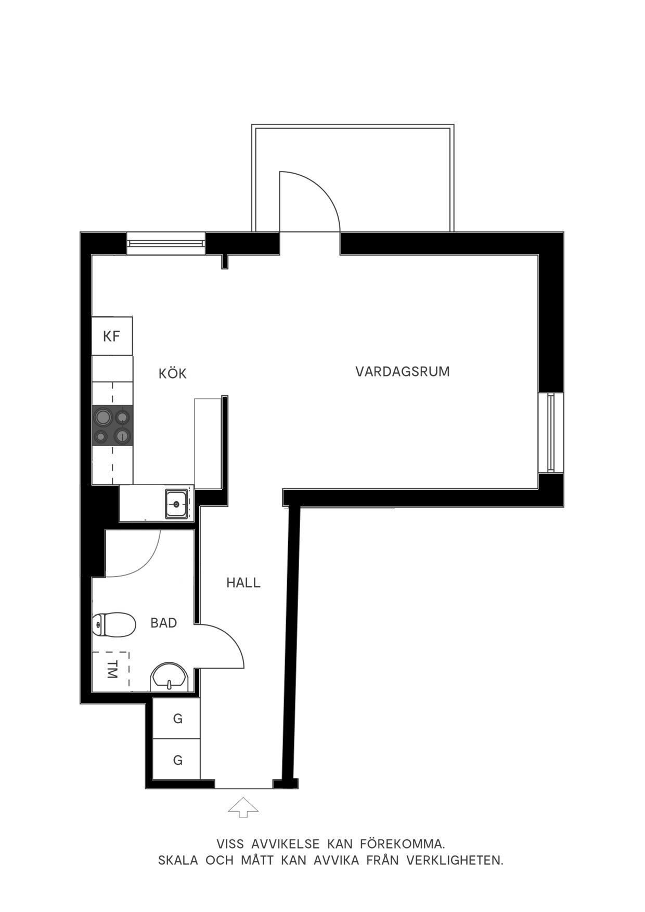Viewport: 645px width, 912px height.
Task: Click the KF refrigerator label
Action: (x=112, y=336)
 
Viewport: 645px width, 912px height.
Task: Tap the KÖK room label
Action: (x=173, y=373)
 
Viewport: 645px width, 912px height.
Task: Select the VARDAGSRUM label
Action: (x=403, y=372)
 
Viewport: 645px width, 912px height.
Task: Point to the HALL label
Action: (x=243, y=583)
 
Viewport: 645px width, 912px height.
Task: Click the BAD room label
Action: (x=164, y=623)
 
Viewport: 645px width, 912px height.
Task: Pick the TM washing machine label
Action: (x=111, y=670)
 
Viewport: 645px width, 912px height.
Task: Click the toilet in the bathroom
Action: (x=114, y=624)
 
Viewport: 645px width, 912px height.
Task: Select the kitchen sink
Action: (x=177, y=504)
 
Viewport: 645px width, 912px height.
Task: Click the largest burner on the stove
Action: (x=103, y=417)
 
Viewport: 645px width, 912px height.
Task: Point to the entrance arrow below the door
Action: (x=243, y=808)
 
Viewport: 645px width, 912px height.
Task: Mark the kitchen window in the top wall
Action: (x=166, y=243)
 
